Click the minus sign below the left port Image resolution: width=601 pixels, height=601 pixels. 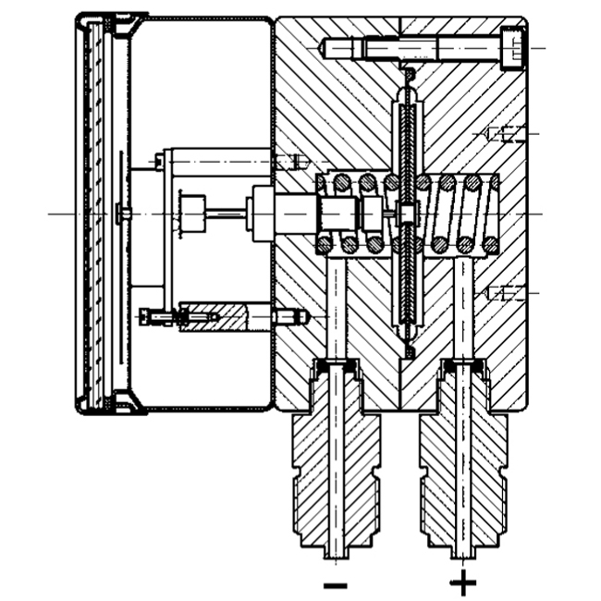coord(336,584)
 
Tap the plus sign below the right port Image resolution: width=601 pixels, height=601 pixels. coord(462,583)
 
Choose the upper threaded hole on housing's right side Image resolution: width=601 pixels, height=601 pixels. coord(504,135)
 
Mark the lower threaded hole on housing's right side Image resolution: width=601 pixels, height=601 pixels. coord(504,293)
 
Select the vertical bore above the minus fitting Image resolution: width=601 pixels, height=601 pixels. coord(336,305)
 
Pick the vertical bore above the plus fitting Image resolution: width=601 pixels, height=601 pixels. coord(462,305)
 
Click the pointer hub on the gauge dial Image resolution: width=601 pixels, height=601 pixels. coord(122,214)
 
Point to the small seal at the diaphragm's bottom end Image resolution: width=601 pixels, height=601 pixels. coord(408,351)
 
